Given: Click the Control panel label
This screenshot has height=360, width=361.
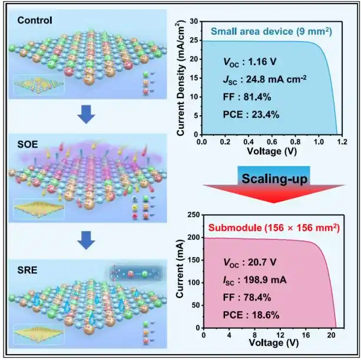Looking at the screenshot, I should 35,21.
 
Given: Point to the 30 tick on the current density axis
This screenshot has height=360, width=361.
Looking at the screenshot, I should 194,21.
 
